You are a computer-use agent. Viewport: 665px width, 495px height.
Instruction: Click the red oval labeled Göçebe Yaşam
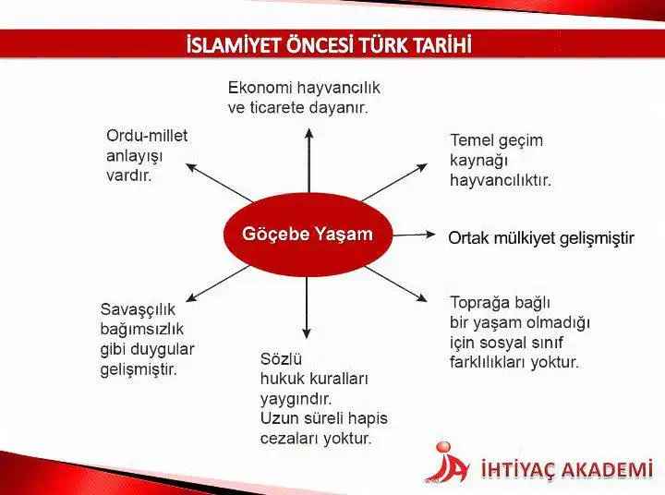(x=308, y=235)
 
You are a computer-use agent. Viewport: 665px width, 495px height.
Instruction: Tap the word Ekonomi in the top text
(x=260, y=88)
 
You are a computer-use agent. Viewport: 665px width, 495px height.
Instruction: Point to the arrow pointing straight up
(x=308, y=161)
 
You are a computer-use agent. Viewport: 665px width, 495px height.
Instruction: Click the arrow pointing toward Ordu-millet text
(x=220, y=183)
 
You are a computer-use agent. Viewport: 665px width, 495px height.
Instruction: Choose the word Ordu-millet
(x=147, y=136)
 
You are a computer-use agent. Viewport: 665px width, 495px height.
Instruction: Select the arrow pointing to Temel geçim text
(x=394, y=182)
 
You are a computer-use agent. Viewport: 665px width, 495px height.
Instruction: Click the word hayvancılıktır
(x=501, y=180)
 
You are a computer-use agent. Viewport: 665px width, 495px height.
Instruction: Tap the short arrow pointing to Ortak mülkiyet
(x=415, y=235)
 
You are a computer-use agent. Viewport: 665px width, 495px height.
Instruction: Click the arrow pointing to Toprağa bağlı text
(x=395, y=284)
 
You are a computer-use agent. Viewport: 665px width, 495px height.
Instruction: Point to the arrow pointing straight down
(x=307, y=308)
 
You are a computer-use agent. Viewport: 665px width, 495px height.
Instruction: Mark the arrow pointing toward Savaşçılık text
(x=218, y=284)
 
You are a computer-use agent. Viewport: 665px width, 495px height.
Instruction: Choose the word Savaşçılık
(x=138, y=309)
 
